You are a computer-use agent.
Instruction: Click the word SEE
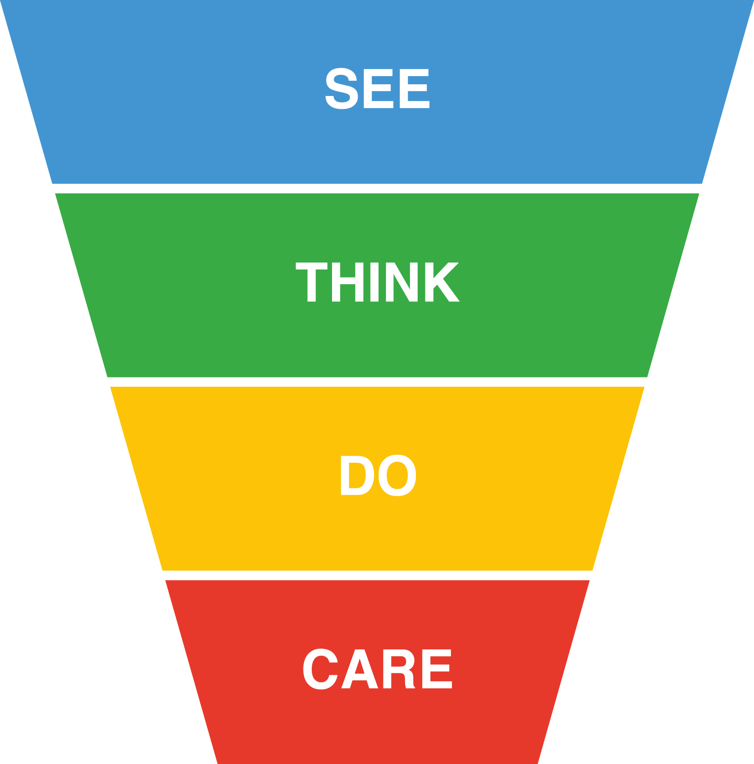[377, 89]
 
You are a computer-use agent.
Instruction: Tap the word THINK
[377, 282]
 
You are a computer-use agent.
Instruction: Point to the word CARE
[377, 669]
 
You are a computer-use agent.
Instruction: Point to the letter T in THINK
[312, 282]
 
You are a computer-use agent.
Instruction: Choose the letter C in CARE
[320, 669]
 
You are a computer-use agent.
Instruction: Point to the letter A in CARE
[358, 669]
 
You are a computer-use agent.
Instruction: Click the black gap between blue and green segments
[377, 189]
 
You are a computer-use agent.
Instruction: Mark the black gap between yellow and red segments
[377, 575]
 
